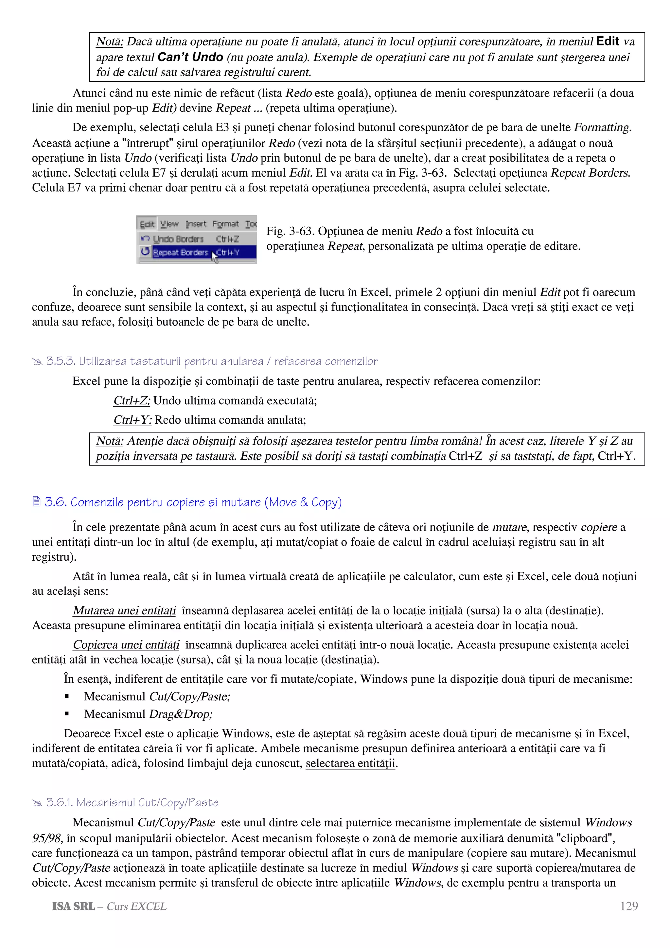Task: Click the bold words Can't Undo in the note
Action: click(x=190, y=57)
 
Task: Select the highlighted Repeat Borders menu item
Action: click(x=181, y=252)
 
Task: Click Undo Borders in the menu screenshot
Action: click(x=178, y=239)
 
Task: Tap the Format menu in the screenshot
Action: click(x=225, y=224)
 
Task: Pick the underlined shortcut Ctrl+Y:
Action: click(x=132, y=420)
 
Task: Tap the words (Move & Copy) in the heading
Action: click(x=303, y=502)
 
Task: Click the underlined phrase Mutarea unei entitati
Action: click(x=124, y=611)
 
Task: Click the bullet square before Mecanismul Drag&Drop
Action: click(x=67, y=714)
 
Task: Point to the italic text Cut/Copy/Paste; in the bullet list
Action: click(x=189, y=696)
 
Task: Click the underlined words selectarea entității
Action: click(x=350, y=763)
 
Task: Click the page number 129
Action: click(x=628, y=906)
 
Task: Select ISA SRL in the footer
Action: click(x=73, y=906)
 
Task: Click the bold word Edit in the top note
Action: click(x=607, y=41)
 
